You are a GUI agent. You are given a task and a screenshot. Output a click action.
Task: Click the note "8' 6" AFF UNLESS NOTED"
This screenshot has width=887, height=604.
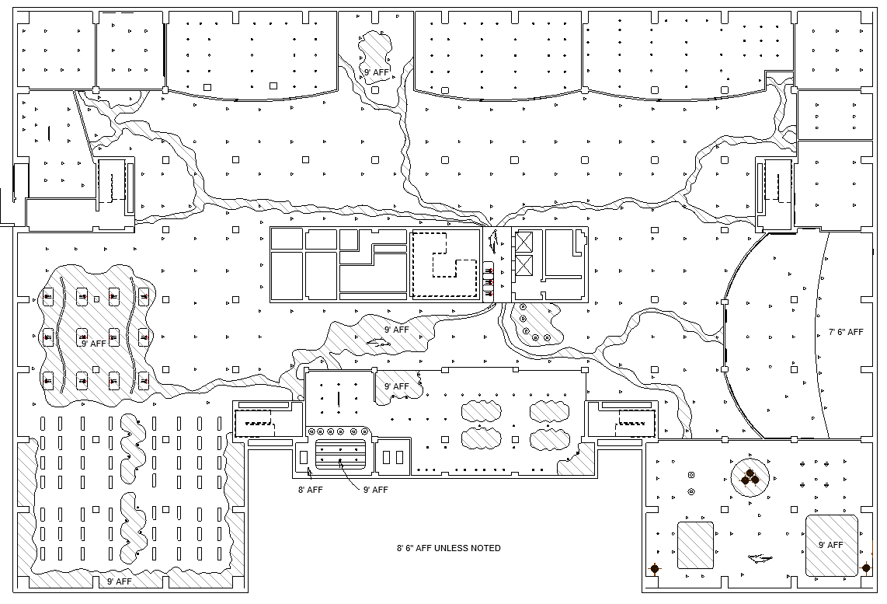pos(448,548)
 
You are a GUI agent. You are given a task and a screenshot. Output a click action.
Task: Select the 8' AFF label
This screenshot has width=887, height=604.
pos(310,490)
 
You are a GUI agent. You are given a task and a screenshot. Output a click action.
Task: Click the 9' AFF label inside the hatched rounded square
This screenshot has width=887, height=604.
pos(830,545)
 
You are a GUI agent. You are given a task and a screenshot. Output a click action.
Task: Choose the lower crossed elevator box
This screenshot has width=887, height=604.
pos(524,267)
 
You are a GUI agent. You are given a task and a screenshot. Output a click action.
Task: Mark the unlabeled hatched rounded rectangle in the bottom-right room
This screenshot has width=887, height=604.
pos(695,544)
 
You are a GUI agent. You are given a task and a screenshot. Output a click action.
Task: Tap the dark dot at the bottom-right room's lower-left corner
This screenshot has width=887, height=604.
pos(655,569)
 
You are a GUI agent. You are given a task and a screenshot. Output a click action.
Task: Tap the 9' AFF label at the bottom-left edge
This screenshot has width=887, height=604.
pos(120,581)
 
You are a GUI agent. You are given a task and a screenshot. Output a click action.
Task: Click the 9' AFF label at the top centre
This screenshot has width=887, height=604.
pos(377,72)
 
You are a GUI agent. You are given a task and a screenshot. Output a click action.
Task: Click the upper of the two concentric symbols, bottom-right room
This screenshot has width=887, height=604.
pos(690,475)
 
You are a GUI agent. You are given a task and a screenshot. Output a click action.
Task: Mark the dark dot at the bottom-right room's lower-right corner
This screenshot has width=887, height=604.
pos(866,568)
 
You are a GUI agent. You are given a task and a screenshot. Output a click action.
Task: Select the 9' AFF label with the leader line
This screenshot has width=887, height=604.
pos(375,490)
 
